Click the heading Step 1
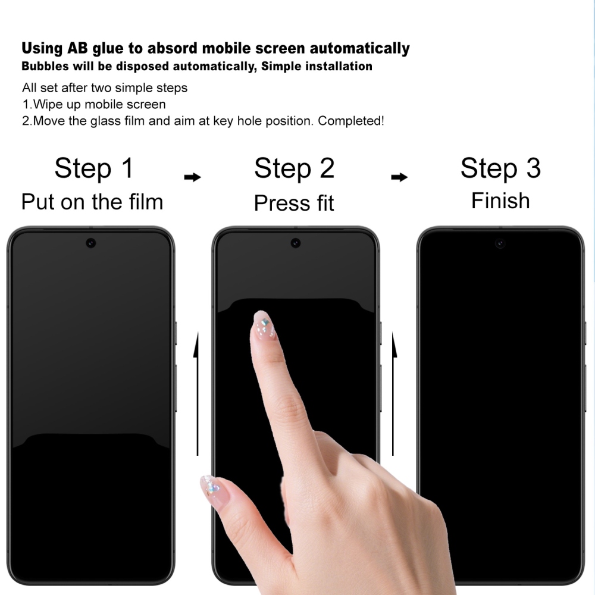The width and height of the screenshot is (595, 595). click(x=94, y=168)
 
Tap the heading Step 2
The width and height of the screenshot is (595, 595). click(x=295, y=168)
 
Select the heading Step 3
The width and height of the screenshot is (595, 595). click(x=500, y=168)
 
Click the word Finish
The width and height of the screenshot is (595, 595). click(x=500, y=201)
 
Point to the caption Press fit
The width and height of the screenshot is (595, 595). click(x=294, y=203)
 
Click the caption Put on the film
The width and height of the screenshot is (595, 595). click(x=92, y=202)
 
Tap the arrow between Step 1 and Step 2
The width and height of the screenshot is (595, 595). click(x=192, y=177)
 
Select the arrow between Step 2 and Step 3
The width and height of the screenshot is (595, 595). click(x=399, y=177)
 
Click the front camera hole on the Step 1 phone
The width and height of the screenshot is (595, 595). click(x=90, y=243)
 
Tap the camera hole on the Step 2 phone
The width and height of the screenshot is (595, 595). click(x=296, y=243)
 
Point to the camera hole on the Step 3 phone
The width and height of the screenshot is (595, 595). click(x=500, y=243)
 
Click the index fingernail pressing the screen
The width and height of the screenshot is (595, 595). click(x=264, y=324)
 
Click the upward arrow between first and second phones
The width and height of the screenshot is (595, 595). click(x=196, y=393)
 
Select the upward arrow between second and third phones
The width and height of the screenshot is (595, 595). click(x=393, y=393)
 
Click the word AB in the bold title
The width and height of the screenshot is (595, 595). click(x=77, y=48)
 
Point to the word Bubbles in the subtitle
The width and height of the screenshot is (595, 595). click(x=45, y=66)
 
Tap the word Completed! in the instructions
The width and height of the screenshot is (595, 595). click(x=351, y=121)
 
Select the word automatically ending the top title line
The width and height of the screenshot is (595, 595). click(x=360, y=49)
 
